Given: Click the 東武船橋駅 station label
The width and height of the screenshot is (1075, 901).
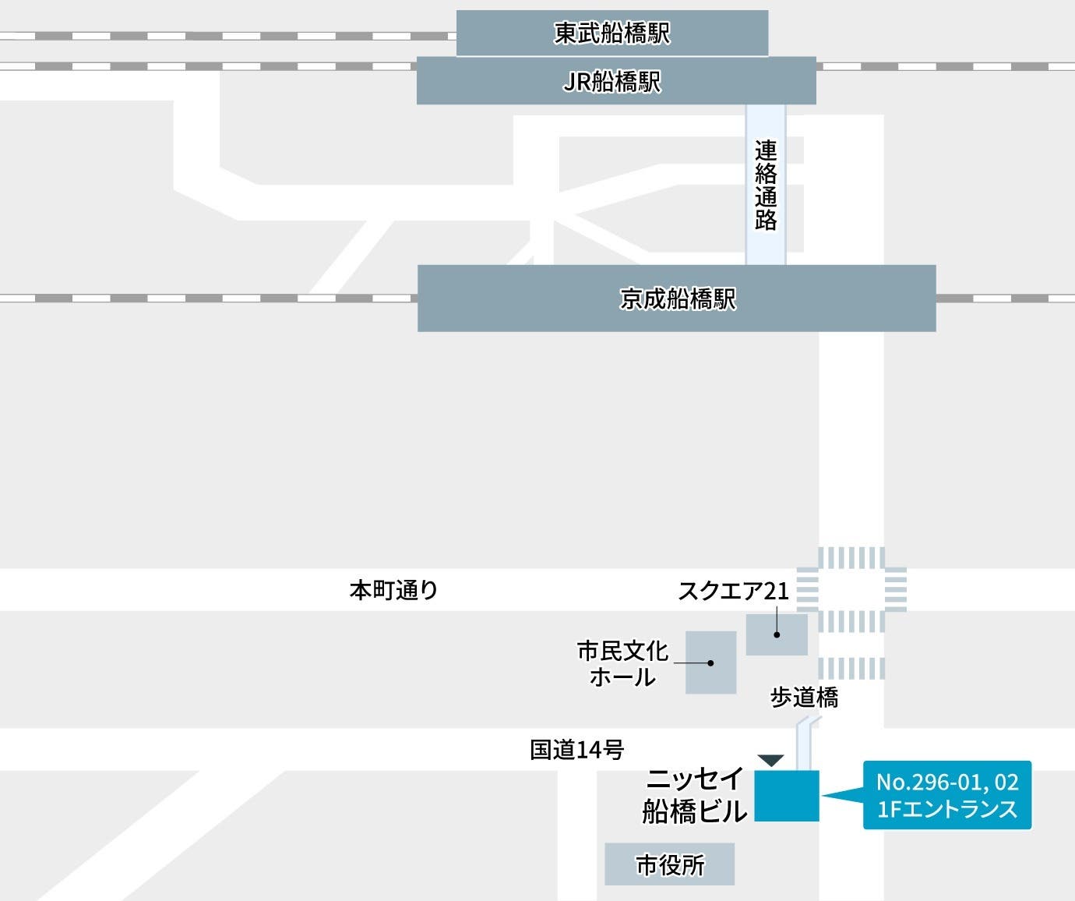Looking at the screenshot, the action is pyautogui.click(x=612, y=33).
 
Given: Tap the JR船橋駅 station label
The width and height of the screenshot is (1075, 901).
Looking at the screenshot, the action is pyautogui.click(x=612, y=81).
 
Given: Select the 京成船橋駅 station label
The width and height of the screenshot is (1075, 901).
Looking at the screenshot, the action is pyautogui.click(x=677, y=299).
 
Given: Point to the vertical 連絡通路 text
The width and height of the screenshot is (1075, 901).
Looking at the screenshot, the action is pyautogui.click(x=766, y=185).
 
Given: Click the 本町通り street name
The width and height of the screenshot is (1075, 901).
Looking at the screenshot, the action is pyautogui.click(x=393, y=590).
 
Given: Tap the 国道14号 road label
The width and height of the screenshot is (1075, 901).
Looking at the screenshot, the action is pyautogui.click(x=577, y=750).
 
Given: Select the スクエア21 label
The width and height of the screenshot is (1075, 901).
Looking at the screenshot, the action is pyautogui.click(x=733, y=591).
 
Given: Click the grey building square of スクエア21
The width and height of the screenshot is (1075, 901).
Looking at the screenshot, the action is pyautogui.click(x=777, y=634).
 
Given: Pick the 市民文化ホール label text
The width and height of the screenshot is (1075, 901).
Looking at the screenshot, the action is pyautogui.click(x=622, y=663).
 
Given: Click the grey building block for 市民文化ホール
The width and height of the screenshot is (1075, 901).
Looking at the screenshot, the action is pyautogui.click(x=710, y=662).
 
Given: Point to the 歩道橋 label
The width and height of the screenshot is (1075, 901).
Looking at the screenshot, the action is pyautogui.click(x=804, y=697).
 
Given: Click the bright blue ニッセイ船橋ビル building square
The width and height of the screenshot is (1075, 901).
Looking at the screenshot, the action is pyautogui.click(x=787, y=795).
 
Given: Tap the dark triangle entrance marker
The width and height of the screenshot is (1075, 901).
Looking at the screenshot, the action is pyautogui.click(x=770, y=760).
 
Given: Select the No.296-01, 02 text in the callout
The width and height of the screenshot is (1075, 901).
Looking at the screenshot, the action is pyautogui.click(x=947, y=782).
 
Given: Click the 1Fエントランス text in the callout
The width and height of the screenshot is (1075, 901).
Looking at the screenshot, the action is pyautogui.click(x=947, y=809).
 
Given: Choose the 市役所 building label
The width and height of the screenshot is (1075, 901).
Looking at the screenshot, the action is pyautogui.click(x=670, y=864).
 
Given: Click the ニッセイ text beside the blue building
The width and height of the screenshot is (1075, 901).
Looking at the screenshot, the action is pyautogui.click(x=695, y=779).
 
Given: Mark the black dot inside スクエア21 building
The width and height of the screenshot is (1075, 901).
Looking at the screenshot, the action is pyautogui.click(x=777, y=634).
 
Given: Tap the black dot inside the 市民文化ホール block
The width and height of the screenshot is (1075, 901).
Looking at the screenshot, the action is pyautogui.click(x=710, y=663).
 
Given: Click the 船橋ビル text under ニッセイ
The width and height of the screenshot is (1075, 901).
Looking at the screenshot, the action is pyautogui.click(x=695, y=811).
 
